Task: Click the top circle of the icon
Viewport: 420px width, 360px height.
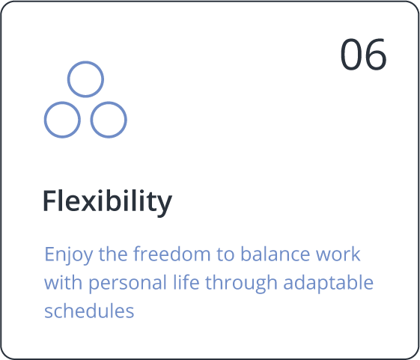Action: point(85,62)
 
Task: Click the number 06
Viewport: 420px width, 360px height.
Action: point(363,55)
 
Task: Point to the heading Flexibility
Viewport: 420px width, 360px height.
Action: point(107,202)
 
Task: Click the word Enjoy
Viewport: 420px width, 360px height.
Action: point(69,254)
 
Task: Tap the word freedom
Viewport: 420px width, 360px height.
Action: point(172,254)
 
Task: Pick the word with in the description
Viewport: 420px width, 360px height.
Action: point(63,282)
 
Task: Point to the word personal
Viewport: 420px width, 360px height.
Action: point(127,284)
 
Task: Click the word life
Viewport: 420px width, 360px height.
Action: point(186,282)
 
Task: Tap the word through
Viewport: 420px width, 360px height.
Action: point(241,284)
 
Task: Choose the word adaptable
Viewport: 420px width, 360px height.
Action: point(328,284)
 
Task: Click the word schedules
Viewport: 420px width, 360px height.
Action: point(89,311)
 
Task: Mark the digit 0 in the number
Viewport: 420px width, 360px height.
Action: point(351,55)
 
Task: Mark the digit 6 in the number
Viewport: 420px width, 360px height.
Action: point(376,55)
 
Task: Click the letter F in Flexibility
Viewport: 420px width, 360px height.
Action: point(51,201)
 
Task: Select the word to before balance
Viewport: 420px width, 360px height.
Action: point(226,254)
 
